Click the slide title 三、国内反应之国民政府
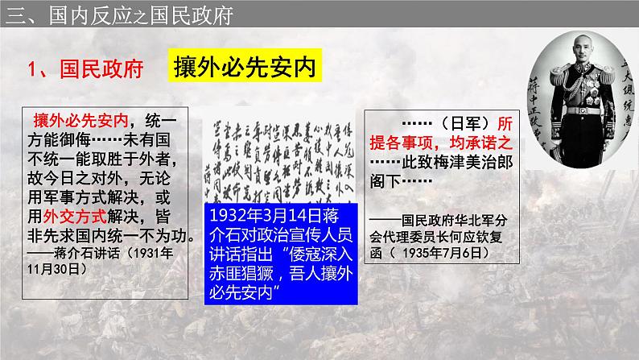coord(109,14)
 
